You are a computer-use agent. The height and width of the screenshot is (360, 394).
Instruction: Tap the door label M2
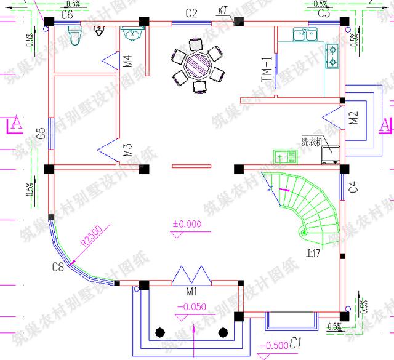coord(353,118)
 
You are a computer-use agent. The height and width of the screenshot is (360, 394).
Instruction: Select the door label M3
coord(127,150)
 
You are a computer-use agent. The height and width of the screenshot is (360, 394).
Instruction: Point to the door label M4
coord(127,61)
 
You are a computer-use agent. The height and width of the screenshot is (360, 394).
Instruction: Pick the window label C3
coord(324,13)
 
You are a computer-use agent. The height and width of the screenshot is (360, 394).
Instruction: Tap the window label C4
coord(353,188)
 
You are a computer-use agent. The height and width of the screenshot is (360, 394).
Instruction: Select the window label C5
coord(40,134)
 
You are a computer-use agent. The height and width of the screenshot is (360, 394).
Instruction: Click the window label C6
coord(67,13)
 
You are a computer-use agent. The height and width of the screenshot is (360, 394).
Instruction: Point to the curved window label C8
coord(58,266)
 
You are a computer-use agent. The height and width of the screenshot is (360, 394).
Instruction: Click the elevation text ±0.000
coord(187,225)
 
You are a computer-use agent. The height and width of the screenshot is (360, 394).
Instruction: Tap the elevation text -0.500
coord(273,346)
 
